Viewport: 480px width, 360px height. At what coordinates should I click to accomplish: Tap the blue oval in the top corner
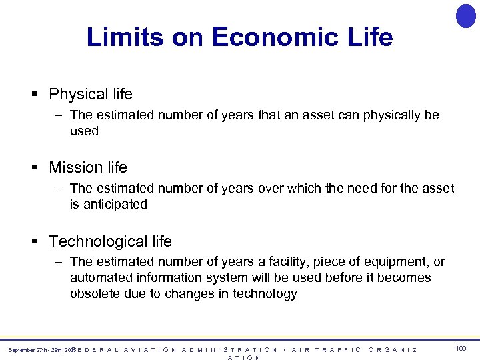465,15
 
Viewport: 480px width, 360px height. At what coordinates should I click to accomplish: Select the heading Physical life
91,95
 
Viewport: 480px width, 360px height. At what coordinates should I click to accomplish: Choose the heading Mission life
88,167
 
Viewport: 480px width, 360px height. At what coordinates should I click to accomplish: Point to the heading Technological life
111,241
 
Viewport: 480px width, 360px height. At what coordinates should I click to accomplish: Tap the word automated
100,278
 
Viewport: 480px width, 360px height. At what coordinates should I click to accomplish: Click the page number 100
461,349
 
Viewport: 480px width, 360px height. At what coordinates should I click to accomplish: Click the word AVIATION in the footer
151,350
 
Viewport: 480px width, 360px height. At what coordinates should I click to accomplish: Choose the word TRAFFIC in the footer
338,350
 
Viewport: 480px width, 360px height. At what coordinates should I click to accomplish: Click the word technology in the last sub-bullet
265,294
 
